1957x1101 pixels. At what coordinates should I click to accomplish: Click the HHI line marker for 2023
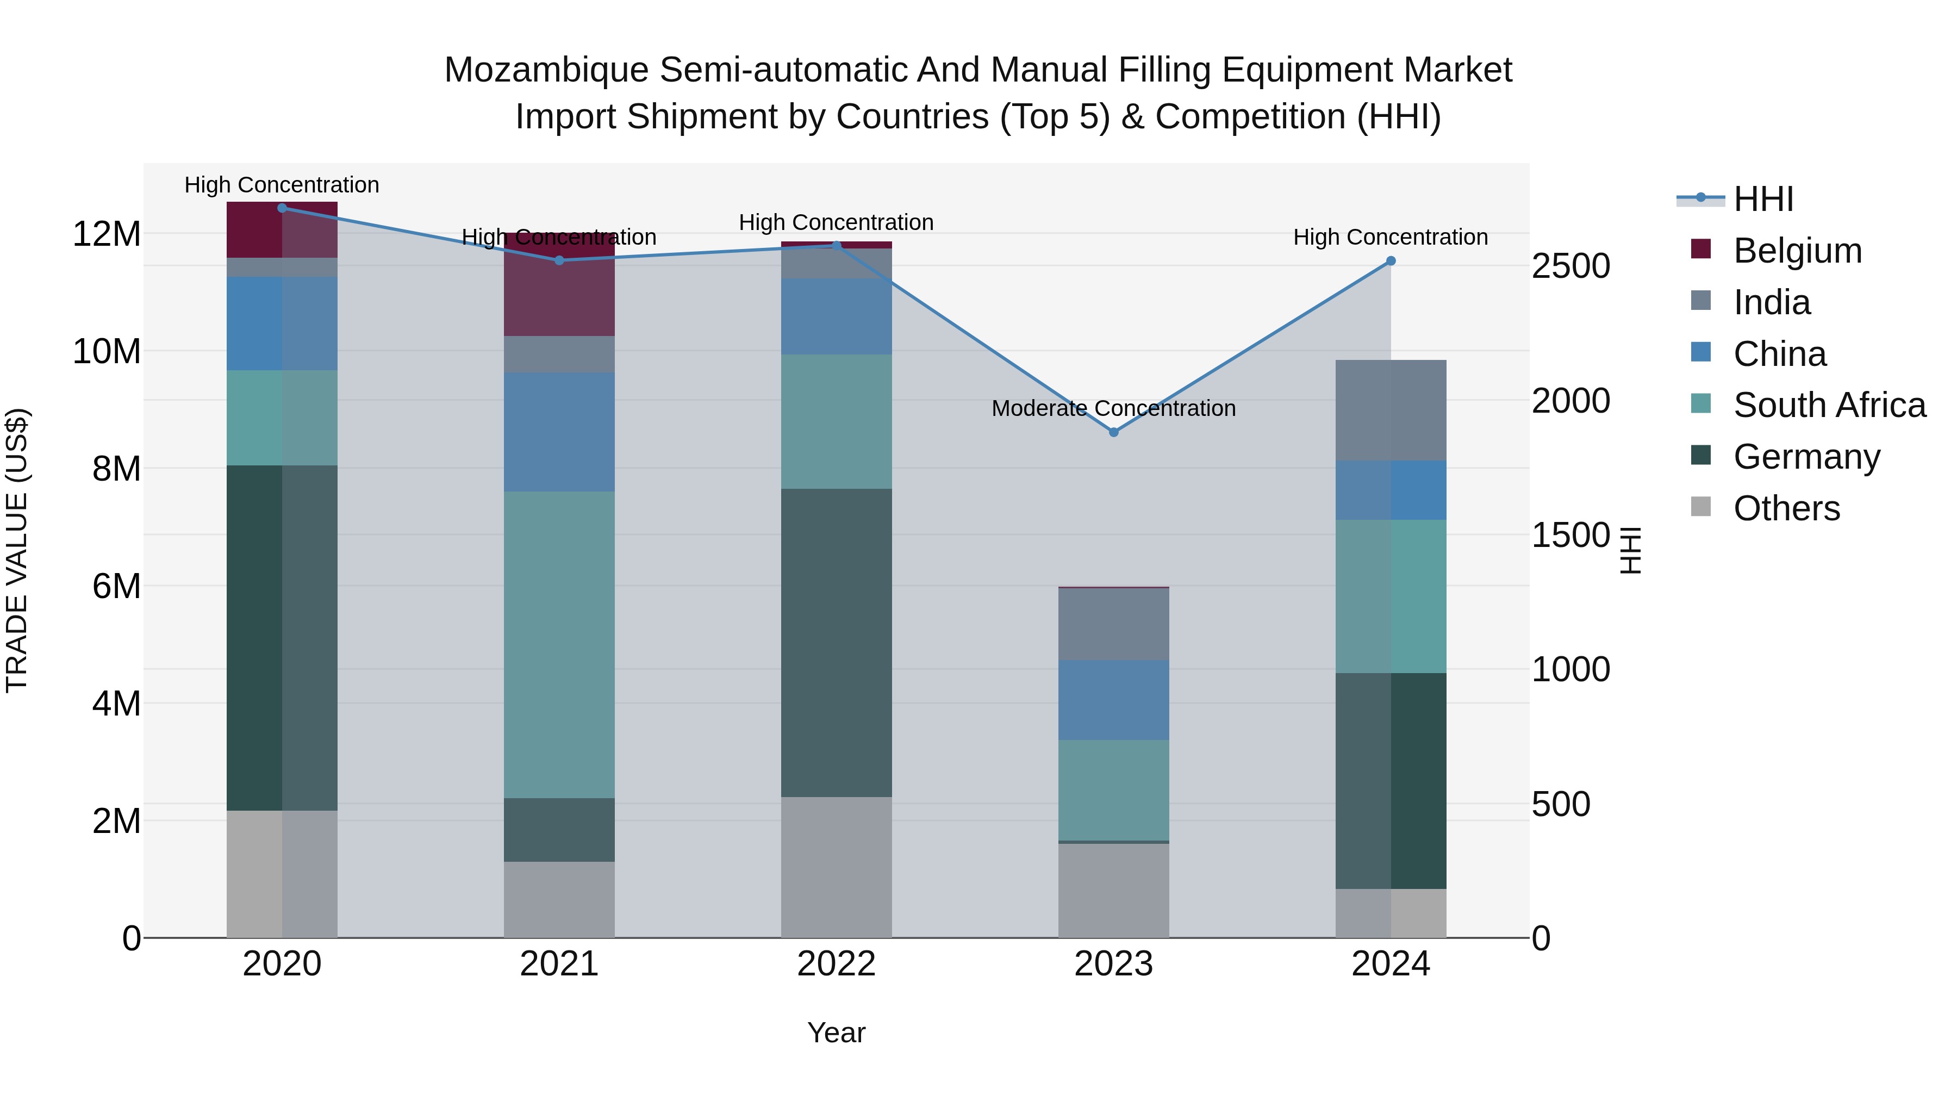pyautogui.click(x=1114, y=432)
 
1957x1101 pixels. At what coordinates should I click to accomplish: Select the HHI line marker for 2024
pyautogui.click(x=1391, y=260)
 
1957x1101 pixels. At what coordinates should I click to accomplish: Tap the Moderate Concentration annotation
pyautogui.click(x=1114, y=409)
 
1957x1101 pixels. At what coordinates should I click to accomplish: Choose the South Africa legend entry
pyautogui.click(x=1829, y=405)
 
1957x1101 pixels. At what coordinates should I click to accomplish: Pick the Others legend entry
pyautogui.click(x=1786, y=508)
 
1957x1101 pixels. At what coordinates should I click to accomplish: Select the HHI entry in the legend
pyautogui.click(x=1762, y=199)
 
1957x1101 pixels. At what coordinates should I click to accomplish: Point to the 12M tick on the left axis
pyautogui.click(x=107, y=234)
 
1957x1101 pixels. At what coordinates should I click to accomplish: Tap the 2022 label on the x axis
pyautogui.click(x=837, y=964)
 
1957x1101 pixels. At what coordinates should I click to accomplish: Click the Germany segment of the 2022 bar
pyautogui.click(x=837, y=642)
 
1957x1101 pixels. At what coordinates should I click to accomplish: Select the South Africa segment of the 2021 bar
pyautogui.click(x=559, y=644)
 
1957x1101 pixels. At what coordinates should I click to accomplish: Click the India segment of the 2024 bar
pyautogui.click(x=1391, y=410)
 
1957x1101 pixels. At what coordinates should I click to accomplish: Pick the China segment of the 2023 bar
pyautogui.click(x=1114, y=700)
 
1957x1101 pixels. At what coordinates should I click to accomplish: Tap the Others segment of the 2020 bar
pyautogui.click(x=282, y=874)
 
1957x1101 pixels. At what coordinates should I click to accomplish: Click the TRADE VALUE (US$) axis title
pyautogui.click(x=17, y=550)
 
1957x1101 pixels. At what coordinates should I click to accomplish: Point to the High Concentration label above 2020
pyautogui.click(x=282, y=185)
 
